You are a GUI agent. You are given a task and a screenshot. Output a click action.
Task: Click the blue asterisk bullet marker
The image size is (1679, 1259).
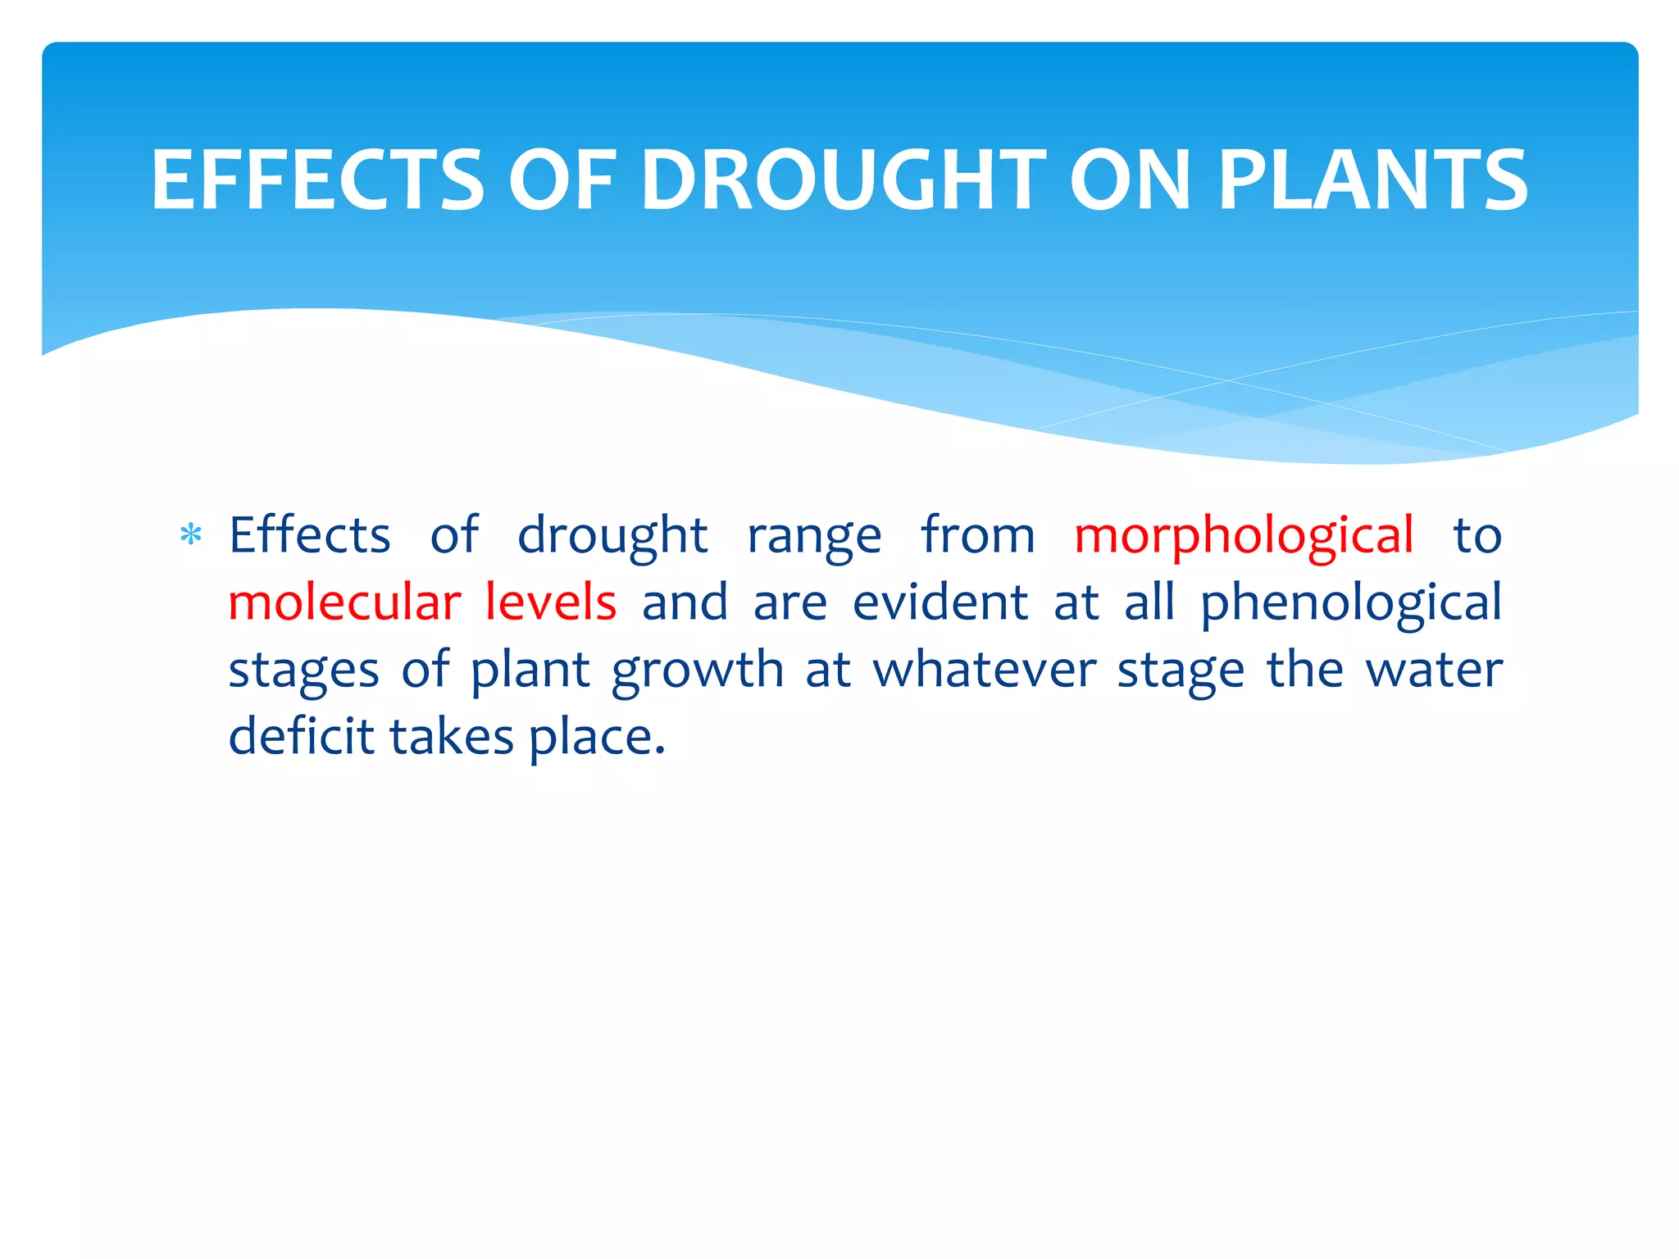pos(190,535)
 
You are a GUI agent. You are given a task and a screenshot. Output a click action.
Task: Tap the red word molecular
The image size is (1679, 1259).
pos(344,602)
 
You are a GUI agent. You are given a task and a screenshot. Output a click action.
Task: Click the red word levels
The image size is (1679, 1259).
pos(550,602)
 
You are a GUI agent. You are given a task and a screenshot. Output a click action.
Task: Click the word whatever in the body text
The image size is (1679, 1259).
pos(984,670)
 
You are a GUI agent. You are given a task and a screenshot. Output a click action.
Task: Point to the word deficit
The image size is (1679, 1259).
pos(301,735)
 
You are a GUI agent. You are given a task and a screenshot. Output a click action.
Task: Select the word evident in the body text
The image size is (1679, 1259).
pos(940,602)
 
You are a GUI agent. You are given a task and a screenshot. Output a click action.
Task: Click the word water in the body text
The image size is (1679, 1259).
pos(1434,670)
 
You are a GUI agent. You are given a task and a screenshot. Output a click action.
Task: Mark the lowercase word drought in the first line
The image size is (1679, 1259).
pos(612,537)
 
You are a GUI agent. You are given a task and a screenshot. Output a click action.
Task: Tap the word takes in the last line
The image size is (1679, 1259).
pos(451,735)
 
